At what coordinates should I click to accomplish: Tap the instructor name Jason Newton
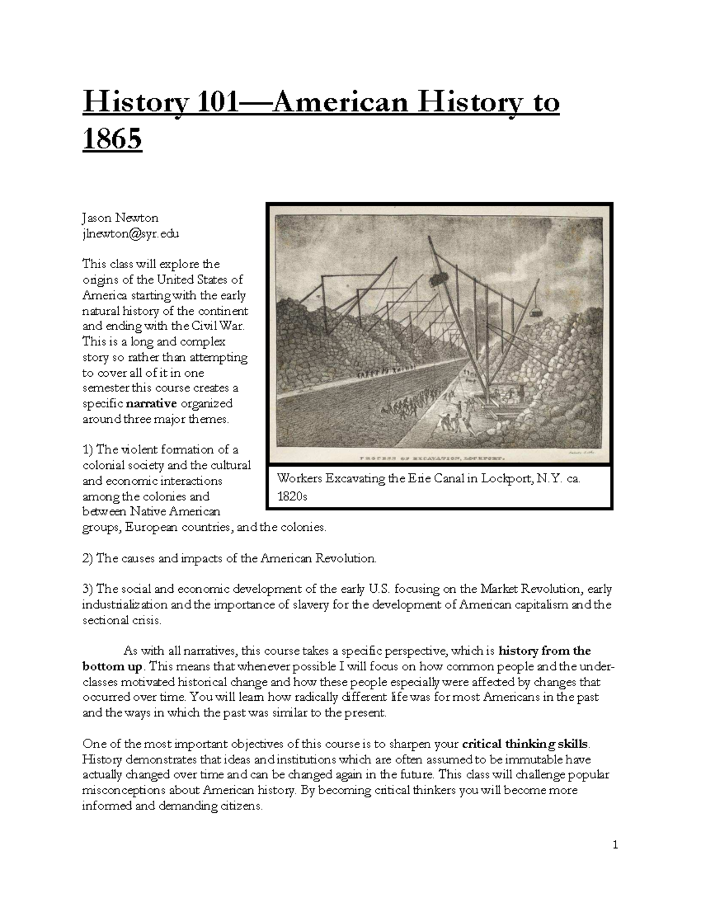[x=120, y=218]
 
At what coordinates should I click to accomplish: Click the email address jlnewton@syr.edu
[x=130, y=234]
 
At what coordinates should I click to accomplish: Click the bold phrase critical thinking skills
[x=526, y=744]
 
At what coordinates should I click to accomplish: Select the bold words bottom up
[x=112, y=666]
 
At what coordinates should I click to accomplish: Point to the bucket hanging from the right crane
[x=533, y=311]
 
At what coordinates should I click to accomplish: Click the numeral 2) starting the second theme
[x=88, y=558]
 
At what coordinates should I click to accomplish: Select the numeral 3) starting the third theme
[x=88, y=589]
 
